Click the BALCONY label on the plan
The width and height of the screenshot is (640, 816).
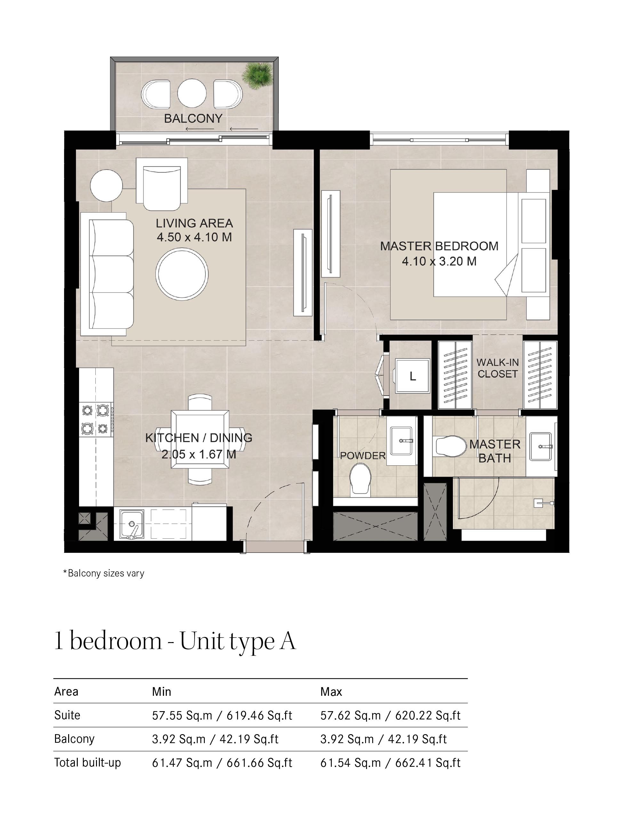coord(193,119)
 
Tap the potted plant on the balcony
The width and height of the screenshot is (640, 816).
coord(257,76)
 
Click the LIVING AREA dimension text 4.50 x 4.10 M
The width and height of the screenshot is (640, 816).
coord(194,237)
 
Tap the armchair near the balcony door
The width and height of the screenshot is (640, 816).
coord(162,184)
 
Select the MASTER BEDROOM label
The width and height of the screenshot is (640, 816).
coord(439,246)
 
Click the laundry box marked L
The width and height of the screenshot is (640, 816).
coord(412,376)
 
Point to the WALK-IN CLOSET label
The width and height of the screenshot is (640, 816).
coord(497,368)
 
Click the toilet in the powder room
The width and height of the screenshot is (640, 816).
coord(360,481)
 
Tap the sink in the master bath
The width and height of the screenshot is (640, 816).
coord(540,446)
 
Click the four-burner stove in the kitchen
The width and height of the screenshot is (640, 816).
coord(96,420)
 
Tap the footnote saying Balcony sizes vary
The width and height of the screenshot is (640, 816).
coord(104,573)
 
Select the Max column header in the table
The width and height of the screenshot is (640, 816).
coord(331,692)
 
